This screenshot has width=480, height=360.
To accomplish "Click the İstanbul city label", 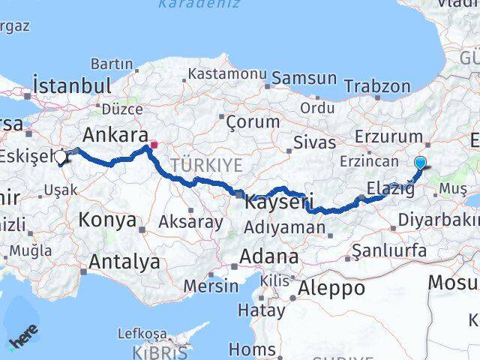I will point(72,85).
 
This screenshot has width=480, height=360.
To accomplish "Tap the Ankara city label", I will point(115,136).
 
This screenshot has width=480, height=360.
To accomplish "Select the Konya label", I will point(109,220).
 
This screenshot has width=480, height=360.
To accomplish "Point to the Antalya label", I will point(124,262).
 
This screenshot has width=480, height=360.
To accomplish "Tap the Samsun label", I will point(304,78).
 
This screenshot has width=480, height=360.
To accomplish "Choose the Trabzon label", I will point(379,87).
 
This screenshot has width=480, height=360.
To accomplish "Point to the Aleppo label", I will point(331,287).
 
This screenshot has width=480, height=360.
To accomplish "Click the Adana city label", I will point(269,256).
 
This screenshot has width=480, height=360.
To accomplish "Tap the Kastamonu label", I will point(227,74).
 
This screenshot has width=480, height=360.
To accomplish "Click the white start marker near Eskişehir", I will point(61,157).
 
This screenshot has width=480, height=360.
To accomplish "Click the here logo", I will point(22,339).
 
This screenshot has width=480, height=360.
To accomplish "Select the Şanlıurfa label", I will point(389,250).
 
